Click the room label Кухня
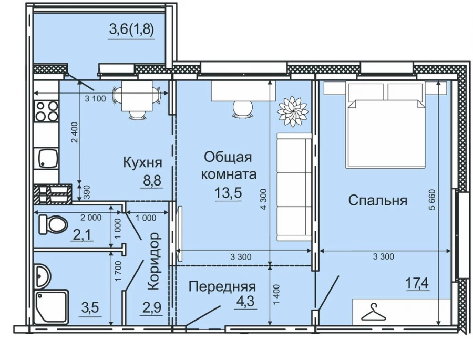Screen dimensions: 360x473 (142, 162)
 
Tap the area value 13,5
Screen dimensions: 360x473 (228, 193)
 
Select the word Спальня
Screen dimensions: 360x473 (378, 200)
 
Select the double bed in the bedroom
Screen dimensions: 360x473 (385, 125)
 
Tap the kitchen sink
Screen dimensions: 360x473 (46, 157)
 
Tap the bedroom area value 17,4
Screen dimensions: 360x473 (417, 284)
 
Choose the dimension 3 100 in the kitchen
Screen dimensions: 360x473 (96, 98)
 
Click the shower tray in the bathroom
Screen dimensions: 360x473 (50, 308)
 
